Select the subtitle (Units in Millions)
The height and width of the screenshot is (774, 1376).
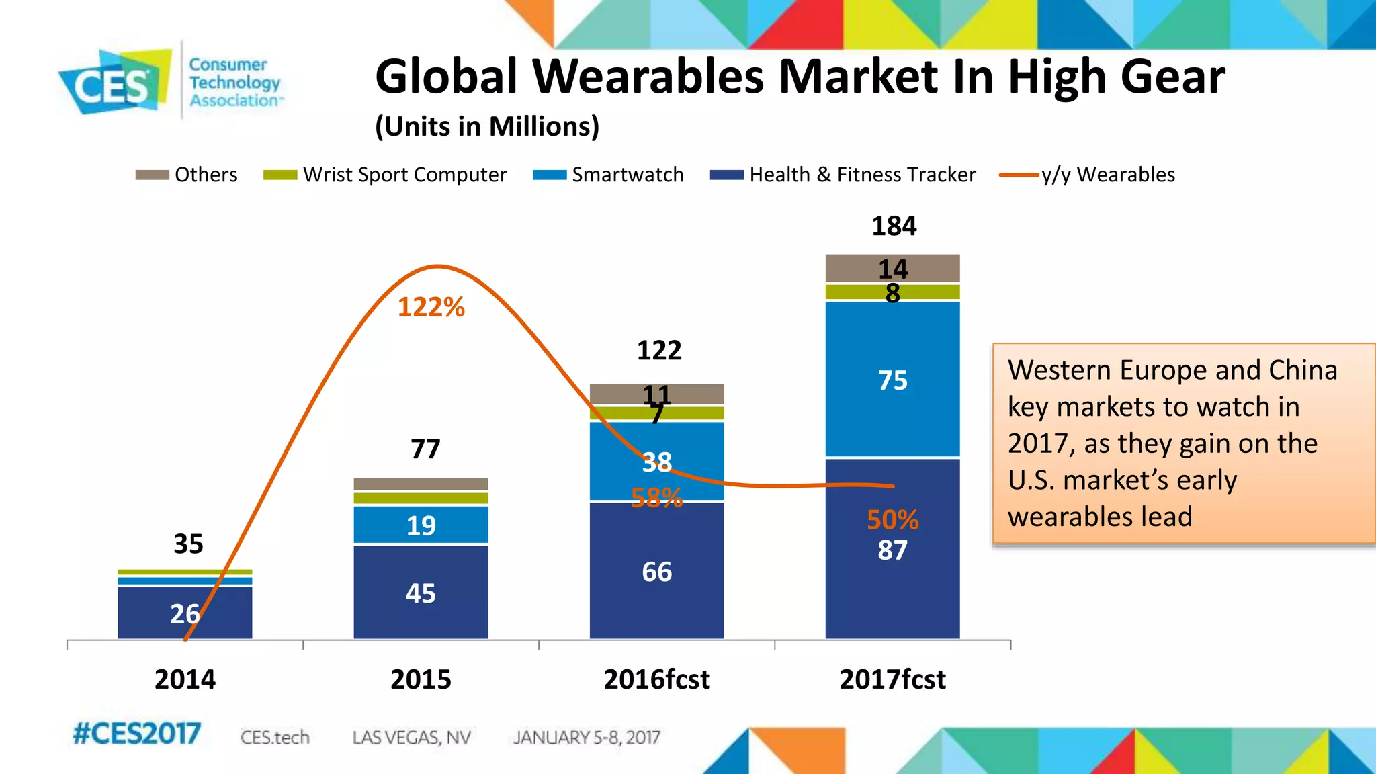click(x=487, y=126)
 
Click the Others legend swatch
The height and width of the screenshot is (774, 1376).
click(x=152, y=175)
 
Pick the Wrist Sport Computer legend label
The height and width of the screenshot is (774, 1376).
click(x=404, y=175)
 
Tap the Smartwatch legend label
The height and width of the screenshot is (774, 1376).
click(x=628, y=175)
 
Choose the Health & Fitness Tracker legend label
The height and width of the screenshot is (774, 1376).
click(x=862, y=175)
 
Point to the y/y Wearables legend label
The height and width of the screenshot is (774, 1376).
click(x=1108, y=175)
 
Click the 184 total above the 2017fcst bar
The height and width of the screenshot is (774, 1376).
click(x=894, y=226)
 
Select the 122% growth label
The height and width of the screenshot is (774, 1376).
click(x=431, y=308)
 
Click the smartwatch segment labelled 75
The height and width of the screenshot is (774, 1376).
click(x=892, y=380)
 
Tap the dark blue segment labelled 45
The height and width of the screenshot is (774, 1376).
click(x=421, y=593)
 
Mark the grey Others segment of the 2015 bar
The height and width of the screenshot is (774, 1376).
click(x=421, y=484)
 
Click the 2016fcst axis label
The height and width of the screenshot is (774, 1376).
click(x=656, y=679)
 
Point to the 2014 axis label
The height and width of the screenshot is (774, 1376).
click(x=185, y=679)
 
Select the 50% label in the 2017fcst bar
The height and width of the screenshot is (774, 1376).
click(x=892, y=520)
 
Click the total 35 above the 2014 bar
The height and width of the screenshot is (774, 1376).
click(x=188, y=544)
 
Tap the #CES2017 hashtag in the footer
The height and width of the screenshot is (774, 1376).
click(x=136, y=734)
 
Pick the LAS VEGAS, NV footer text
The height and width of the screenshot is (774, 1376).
click(x=411, y=738)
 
